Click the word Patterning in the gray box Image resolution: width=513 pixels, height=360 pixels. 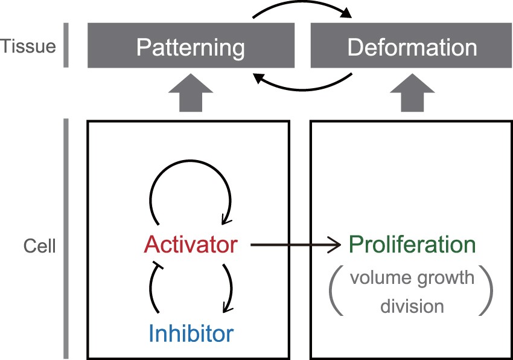(x=190, y=48)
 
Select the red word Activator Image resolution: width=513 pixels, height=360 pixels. (x=191, y=245)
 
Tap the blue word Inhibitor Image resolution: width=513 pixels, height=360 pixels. (x=191, y=332)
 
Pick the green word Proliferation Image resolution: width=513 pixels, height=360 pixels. (x=412, y=245)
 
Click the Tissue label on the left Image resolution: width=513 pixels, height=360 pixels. (x=27, y=46)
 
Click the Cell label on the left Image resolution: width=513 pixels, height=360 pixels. (x=39, y=246)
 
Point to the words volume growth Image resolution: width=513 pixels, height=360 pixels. (x=412, y=278)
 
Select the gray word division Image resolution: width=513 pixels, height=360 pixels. (x=412, y=306)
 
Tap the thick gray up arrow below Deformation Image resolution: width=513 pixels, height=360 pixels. (x=412, y=96)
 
